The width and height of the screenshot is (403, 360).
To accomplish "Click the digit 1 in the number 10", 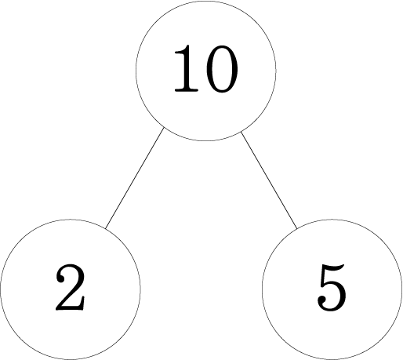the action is [187, 68].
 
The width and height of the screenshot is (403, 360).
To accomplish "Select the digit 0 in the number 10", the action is [222, 69].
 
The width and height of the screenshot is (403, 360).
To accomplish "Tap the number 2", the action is [71, 287].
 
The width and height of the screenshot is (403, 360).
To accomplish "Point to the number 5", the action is [332, 288].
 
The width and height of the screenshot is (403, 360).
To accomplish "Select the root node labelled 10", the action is [205, 71].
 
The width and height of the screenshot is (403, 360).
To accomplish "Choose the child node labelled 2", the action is [71, 289].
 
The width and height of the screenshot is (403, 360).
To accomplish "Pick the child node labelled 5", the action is [332, 289].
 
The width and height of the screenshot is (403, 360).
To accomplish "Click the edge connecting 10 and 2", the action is [135, 178].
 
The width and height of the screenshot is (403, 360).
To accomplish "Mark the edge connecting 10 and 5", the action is [269, 180].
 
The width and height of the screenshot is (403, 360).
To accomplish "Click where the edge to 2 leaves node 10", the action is [164, 127].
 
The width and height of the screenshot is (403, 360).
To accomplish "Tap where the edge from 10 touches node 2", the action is [105, 228].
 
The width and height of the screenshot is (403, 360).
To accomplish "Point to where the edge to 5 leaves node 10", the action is [241, 132].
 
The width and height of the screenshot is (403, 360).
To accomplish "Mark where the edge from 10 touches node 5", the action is [297, 229].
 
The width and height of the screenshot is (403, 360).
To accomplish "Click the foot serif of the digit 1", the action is [187, 90].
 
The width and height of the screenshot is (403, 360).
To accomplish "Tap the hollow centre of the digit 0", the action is [222, 69].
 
